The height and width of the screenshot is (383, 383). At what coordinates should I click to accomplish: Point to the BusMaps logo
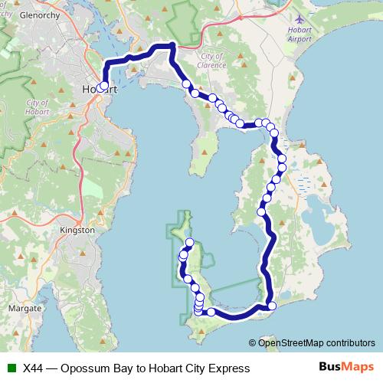tap(345, 368)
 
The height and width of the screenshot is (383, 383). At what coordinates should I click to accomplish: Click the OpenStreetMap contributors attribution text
tap(316, 343)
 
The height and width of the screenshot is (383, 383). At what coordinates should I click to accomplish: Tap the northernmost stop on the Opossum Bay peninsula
tap(189, 242)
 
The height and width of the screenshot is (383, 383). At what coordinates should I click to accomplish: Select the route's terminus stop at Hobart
tap(103, 86)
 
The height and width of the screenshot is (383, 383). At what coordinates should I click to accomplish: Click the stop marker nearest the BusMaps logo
tap(272, 307)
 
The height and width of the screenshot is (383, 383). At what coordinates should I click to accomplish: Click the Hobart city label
tap(93, 90)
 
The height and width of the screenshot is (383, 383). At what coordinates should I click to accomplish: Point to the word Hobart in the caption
tap(167, 368)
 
